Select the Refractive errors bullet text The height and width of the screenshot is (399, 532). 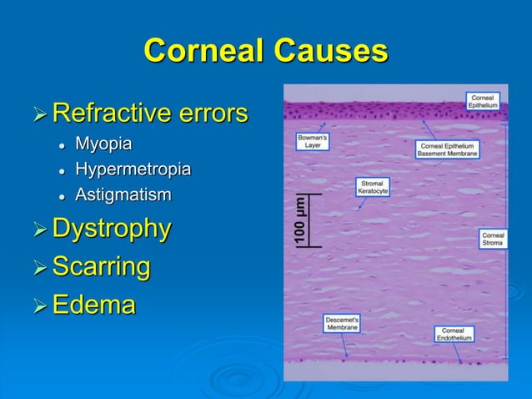pos(149,112)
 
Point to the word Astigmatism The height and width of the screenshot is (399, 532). pos(123,195)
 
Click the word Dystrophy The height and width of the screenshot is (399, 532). pos(112,228)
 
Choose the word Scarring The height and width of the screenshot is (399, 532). pos(101,267)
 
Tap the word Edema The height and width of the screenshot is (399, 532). pos(93,305)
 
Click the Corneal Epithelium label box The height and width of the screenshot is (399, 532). pos(483,101)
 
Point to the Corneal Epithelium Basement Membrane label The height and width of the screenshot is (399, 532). pos(447,149)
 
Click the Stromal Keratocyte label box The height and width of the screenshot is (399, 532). pos(372,187)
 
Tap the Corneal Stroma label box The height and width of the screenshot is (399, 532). pos(492,238)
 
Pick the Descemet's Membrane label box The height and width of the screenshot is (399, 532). pos(342,323)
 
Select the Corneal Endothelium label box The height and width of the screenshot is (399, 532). pos(454,334)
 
